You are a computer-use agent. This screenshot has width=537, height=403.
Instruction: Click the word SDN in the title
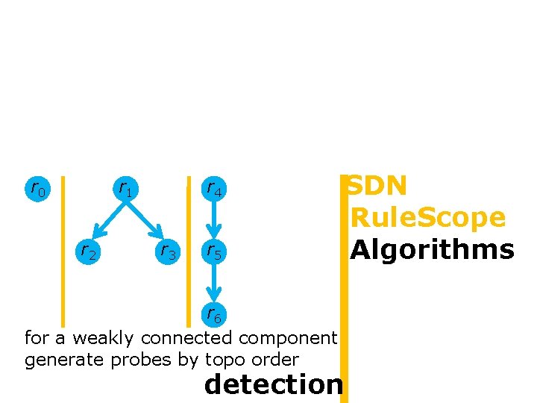pyautogui.click(x=378, y=186)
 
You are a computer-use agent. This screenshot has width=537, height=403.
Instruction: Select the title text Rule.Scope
pyautogui.click(x=428, y=218)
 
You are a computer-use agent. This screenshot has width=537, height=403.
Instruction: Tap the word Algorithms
pyautogui.click(x=433, y=249)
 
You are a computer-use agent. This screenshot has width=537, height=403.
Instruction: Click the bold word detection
pyautogui.click(x=273, y=385)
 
